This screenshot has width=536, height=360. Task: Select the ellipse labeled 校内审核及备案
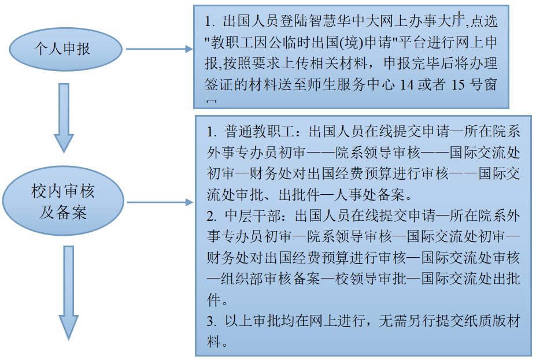tap(63, 202)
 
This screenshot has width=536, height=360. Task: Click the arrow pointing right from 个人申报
tap(159, 49)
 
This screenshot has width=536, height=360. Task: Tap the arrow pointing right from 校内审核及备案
tap(159, 203)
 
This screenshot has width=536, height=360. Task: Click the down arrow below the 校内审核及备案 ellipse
tap(68, 292)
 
